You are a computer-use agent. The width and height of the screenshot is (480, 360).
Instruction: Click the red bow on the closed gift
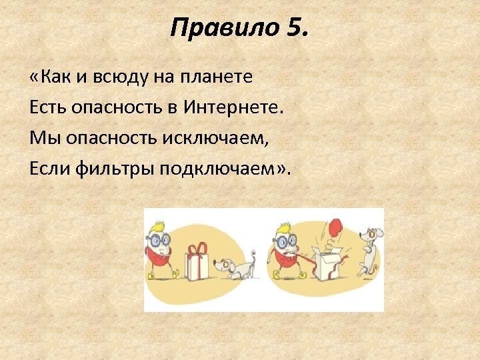coord(197,248)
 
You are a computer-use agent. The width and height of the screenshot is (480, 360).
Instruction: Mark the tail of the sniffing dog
coord(253,255)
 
